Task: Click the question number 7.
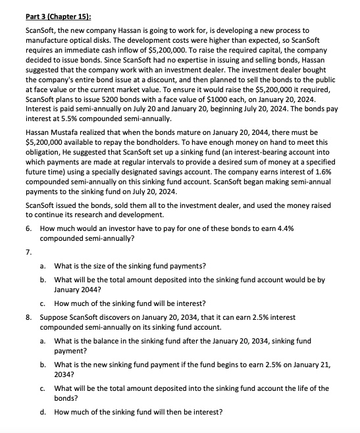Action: (28, 251)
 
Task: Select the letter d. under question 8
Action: (43, 413)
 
